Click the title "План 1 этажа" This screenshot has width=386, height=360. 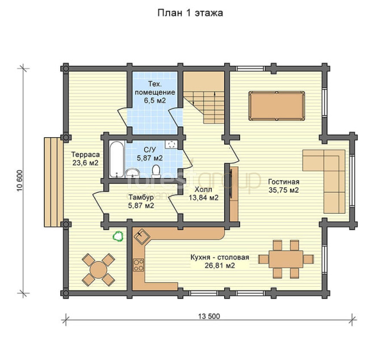coord(190,13)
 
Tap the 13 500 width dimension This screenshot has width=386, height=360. coord(209,316)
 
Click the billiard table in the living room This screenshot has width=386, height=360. coord(276,106)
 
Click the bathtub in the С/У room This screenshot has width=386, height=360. coord(117,159)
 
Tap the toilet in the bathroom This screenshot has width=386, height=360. coord(156,171)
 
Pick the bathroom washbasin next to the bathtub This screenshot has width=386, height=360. coord(133,172)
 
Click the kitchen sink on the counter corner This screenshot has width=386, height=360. coord(142,236)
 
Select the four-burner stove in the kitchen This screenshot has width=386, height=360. coord(139,265)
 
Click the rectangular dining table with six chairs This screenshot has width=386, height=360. coord(286,259)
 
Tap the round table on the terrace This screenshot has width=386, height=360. coord(98,270)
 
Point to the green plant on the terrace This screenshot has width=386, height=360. coord(118,236)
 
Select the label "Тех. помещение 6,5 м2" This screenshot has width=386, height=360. coord(155,92)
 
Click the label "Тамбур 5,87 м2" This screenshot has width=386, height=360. coord(141,201)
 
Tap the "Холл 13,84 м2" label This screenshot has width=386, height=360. coord(203,193)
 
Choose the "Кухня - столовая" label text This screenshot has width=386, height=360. coord(220,257)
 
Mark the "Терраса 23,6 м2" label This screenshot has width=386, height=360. coord(85,158)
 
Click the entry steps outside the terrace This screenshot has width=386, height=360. coord(54,182)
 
